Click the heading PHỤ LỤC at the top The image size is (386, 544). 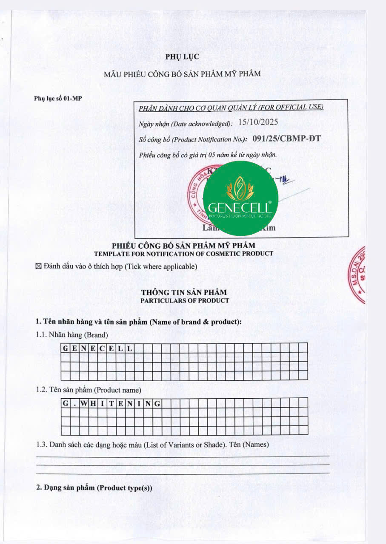click(182, 57)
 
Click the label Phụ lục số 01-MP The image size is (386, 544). click(58, 98)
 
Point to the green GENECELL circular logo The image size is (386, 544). click(240, 198)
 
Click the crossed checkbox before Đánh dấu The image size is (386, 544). click(38, 266)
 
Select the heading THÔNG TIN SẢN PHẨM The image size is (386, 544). click(184, 292)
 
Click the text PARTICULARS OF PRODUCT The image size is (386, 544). click(184, 300)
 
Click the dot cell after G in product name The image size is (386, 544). click(75, 403)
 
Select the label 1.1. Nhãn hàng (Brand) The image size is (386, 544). click(72, 334)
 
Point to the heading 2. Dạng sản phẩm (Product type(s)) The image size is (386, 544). click(94, 487)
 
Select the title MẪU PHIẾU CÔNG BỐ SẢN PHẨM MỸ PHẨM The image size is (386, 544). click(182, 74)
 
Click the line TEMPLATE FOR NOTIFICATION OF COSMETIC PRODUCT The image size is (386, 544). click(183, 254)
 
